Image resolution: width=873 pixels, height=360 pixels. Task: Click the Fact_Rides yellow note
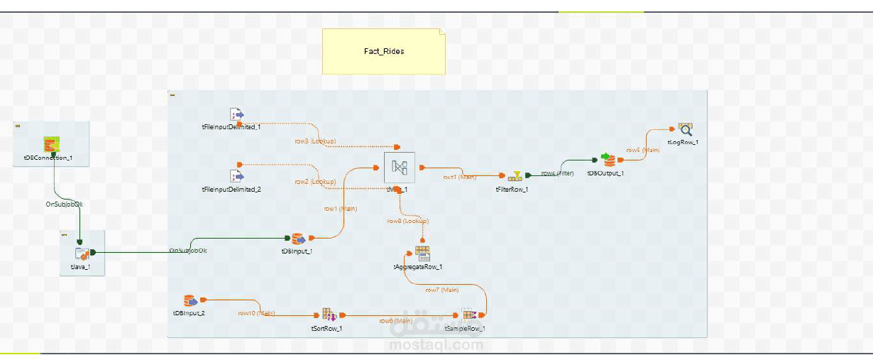(x=383, y=51)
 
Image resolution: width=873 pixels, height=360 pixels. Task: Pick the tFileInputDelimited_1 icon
(x=236, y=114)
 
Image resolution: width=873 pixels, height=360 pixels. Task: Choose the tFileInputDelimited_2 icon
(x=236, y=175)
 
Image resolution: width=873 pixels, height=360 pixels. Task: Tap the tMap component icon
(x=398, y=168)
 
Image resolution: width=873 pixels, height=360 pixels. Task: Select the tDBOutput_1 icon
(x=608, y=159)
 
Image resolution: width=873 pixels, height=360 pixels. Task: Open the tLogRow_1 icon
(x=684, y=129)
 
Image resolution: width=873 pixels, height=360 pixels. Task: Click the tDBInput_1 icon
(x=297, y=239)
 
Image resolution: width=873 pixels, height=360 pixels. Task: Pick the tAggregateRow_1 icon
(x=422, y=253)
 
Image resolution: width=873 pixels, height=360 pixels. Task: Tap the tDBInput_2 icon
(x=190, y=301)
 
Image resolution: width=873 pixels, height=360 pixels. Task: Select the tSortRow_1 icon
(x=328, y=315)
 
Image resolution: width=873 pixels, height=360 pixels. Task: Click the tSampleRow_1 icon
(x=468, y=315)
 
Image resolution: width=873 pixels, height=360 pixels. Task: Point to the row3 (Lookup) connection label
(x=315, y=141)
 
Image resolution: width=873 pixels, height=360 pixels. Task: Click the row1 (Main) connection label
(x=340, y=209)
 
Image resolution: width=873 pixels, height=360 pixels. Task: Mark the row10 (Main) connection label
(x=256, y=312)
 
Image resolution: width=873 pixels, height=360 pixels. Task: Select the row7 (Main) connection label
(x=441, y=290)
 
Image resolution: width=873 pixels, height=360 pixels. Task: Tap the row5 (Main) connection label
(x=642, y=151)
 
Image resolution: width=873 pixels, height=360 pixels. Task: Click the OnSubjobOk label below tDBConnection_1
(x=65, y=204)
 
